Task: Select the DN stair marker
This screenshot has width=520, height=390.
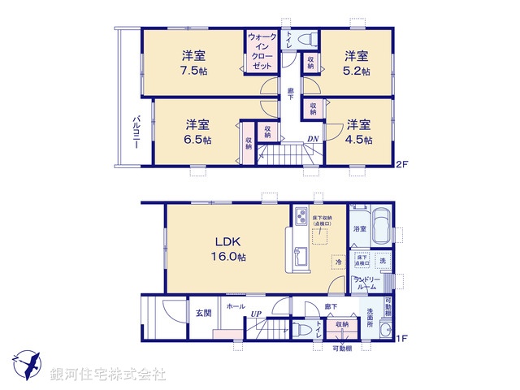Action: point(312,139)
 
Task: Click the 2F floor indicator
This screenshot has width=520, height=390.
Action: point(401,165)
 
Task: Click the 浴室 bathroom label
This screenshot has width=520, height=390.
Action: point(358,230)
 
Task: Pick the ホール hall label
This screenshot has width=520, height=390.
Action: point(236,306)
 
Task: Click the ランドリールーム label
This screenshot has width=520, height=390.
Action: point(367,284)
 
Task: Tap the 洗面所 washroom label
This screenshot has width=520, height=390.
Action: point(370,316)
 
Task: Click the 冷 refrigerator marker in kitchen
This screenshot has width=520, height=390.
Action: point(338,262)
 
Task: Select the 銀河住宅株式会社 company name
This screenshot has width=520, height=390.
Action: point(108,374)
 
